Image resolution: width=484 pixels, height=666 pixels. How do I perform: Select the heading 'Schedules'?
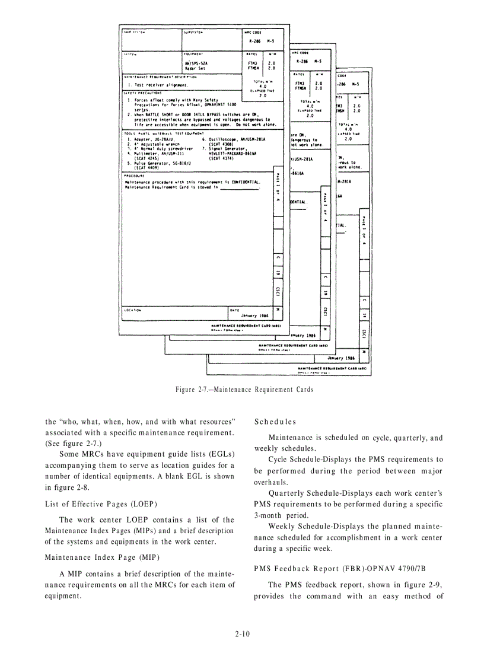pos(275,422)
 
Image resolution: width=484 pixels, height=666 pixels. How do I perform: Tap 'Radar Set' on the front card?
pos(195,68)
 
